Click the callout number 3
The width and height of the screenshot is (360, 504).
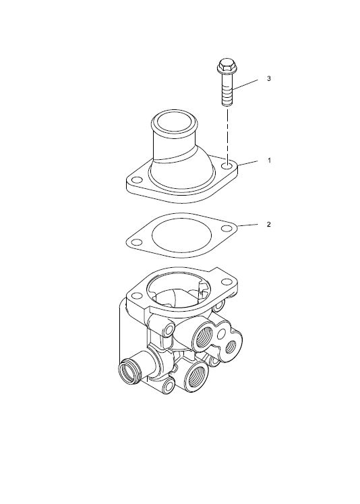(269, 78)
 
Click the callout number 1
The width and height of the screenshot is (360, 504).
(269, 160)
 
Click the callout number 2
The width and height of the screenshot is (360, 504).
(269, 225)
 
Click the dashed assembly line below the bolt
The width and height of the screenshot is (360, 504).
(228, 136)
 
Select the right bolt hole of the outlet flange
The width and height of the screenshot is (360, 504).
(227, 167)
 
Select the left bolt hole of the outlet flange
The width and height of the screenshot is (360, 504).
(137, 179)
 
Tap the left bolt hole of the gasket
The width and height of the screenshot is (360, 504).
(136, 242)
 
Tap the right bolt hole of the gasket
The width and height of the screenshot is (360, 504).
(227, 229)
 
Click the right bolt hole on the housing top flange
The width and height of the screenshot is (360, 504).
(227, 282)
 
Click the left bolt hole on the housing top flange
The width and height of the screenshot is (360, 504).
(137, 296)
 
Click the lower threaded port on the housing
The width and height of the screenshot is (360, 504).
(196, 376)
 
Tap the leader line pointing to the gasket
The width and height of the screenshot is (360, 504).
(247, 225)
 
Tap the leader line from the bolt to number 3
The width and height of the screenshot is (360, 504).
(245, 84)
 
